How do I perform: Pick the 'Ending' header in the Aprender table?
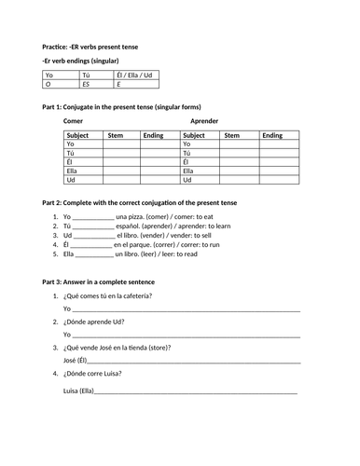272,135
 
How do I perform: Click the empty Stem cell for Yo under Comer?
121,144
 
